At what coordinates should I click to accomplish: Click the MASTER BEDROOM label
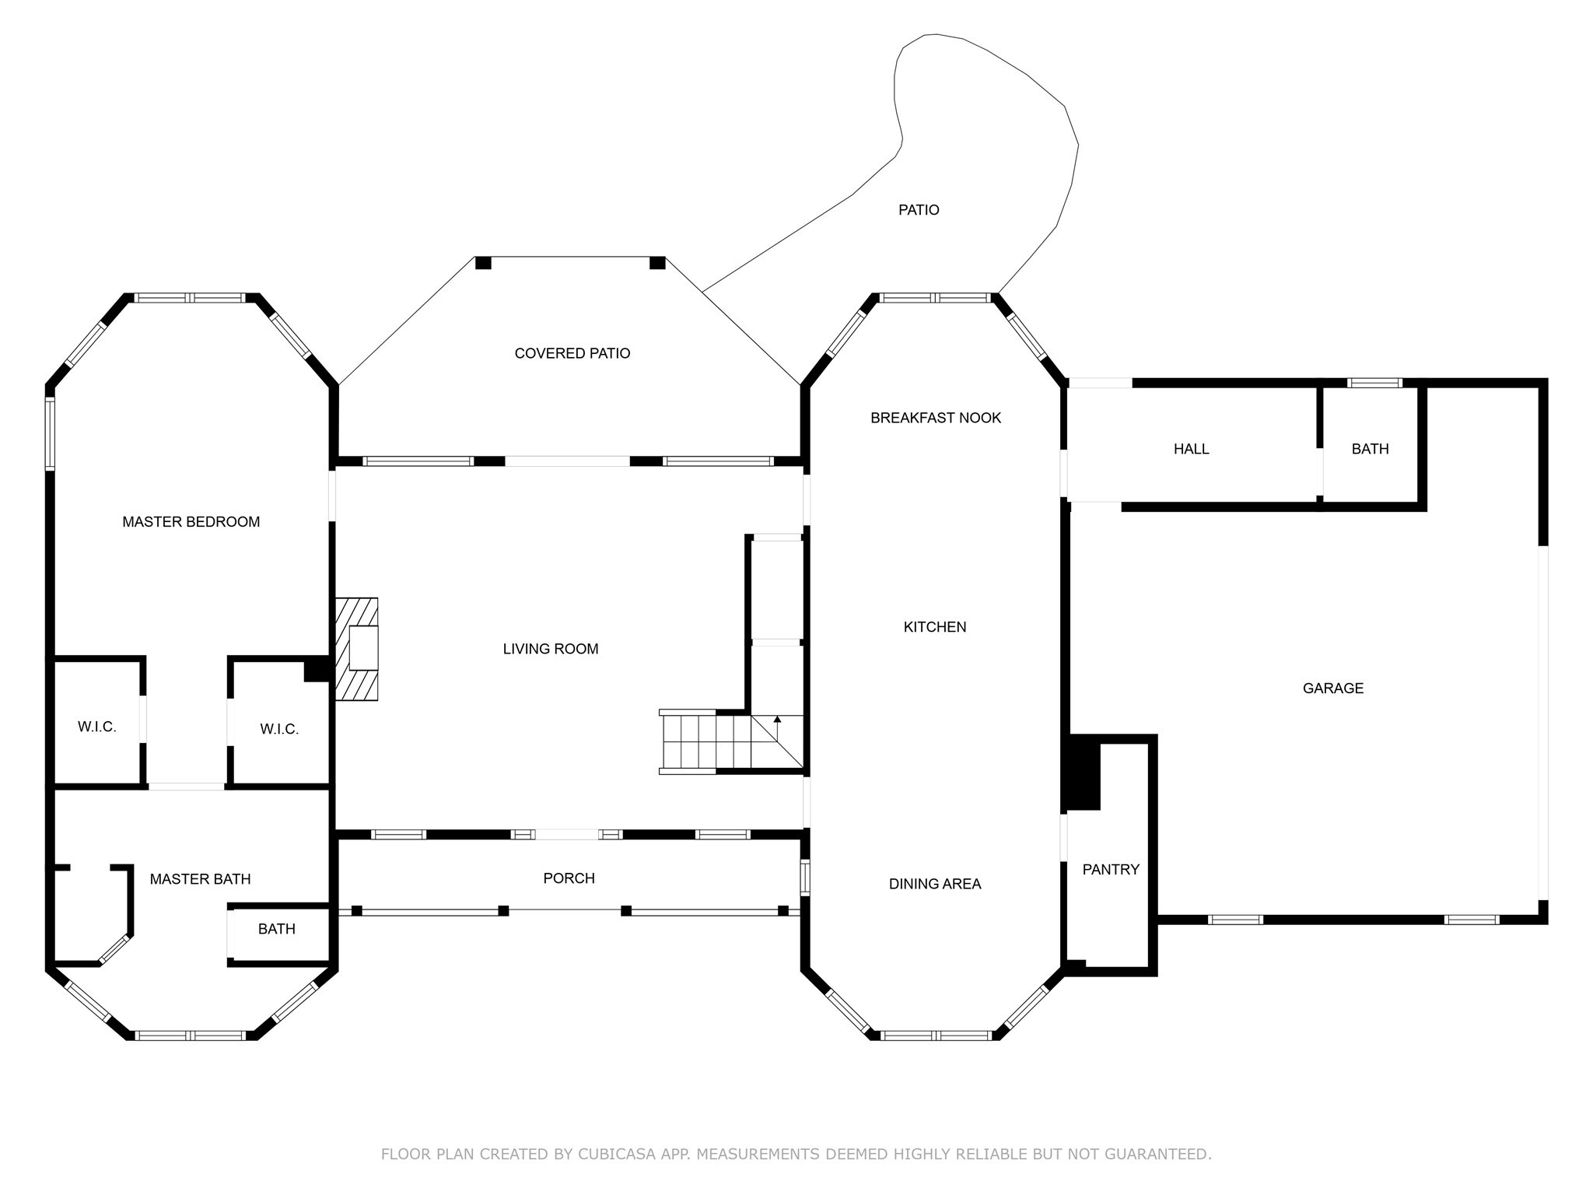(191, 522)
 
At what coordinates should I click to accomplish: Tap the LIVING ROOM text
(551, 649)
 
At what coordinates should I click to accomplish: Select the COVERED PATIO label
(572, 353)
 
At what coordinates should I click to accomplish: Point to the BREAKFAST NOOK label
(936, 418)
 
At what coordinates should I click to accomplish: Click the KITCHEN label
(935, 627)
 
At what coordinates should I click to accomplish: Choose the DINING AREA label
(935, 884)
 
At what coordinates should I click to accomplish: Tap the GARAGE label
(1333, 688)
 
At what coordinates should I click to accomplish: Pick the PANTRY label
(1111, 870)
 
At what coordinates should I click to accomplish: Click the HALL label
(1192, 449)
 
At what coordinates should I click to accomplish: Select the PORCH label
(569, 878)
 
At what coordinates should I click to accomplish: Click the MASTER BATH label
(201, 879)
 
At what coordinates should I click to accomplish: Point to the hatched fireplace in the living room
(357, 649)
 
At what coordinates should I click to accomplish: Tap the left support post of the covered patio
(483, 263)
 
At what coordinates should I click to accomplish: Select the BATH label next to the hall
(1371, 449)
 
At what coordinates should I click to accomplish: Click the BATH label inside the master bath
(277, 929)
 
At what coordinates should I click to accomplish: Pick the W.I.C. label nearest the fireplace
(279, 730)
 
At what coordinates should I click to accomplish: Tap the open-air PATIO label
(919, 210)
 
